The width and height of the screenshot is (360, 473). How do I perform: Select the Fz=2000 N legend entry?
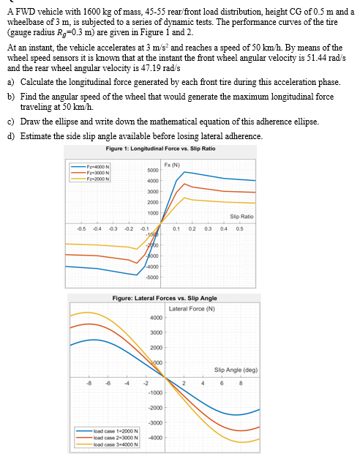100,176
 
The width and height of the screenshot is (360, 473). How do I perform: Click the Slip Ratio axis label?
241,216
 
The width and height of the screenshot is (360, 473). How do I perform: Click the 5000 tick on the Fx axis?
153,170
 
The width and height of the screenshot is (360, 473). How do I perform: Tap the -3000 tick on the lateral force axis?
155,422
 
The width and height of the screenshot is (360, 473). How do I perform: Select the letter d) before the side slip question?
10,136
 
